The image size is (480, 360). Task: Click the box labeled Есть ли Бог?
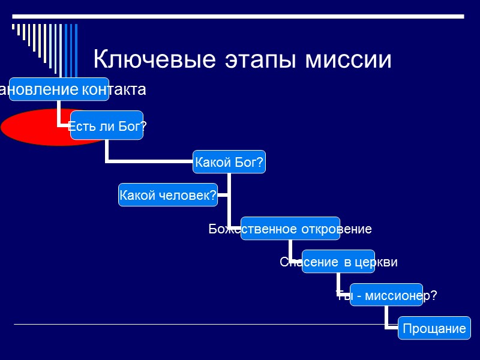point(107,125)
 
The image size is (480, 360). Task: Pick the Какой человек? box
point(167,195)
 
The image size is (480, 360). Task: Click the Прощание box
point(434,328)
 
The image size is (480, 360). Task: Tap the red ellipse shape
point(36,127)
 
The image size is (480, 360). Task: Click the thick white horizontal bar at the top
point(240,15)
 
